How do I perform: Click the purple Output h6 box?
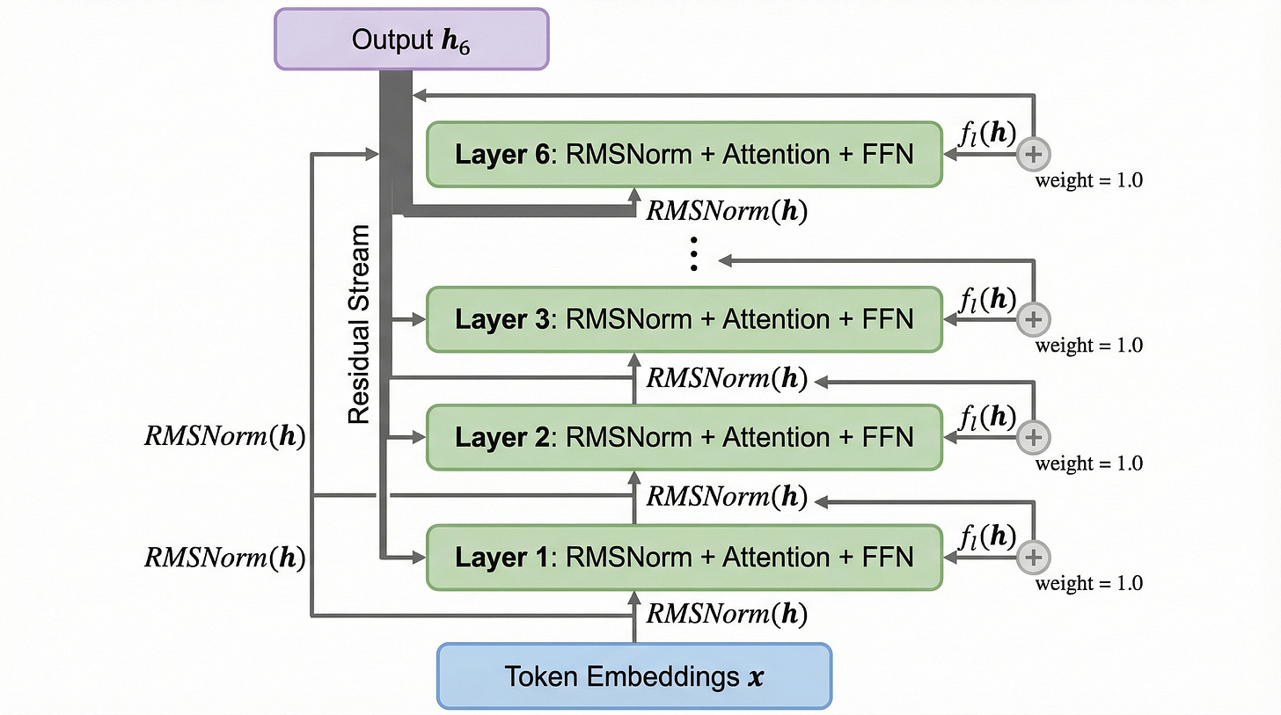[x=411, y=40]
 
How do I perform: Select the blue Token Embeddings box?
[x=633, y=676]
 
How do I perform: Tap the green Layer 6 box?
[x=684, y=155]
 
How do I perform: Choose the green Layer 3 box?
[x=684, y=318]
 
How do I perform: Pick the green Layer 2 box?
[x=684, y=436]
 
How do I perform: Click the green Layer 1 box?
[x=684, y=557]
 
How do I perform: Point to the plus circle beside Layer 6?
[x=1033, y=155]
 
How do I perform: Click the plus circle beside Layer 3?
[x=1033, y=318]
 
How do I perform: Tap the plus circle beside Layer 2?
[x=1033, y=436]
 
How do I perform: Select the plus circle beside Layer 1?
[x=1033, y=557]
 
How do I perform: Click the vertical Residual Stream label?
[x=359, y=324]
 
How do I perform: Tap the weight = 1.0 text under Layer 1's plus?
[x=1088, y=583]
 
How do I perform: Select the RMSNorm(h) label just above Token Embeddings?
[x=727, y=613]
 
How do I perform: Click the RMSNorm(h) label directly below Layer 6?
[x=727, y=212]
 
